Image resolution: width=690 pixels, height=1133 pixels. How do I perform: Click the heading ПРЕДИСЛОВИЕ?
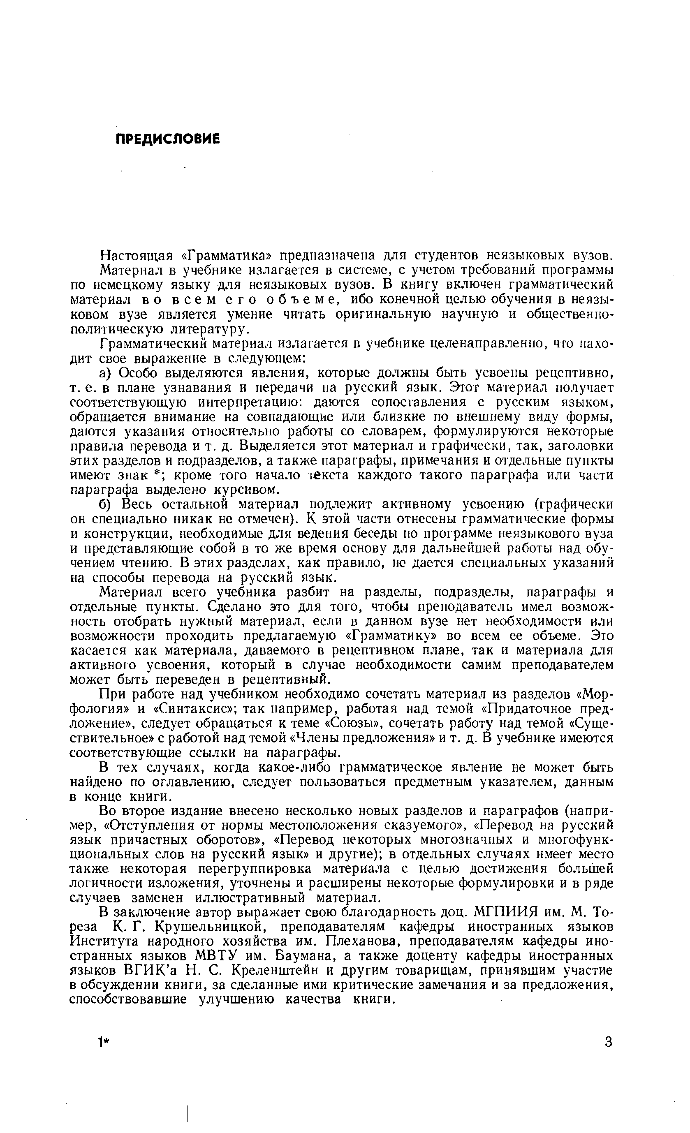click(x=167, y=139)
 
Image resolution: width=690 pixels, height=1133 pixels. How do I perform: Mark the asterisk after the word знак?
click(x=161, y=474)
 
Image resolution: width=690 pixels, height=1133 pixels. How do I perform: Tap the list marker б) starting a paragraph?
click(x=106, y=504)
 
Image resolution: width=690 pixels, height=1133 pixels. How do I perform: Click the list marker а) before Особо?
click(x=105, y=372)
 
